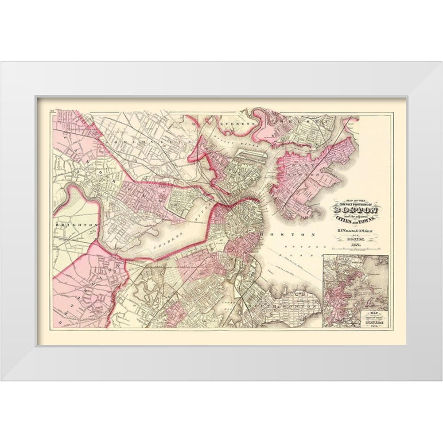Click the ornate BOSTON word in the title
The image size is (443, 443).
point(354,210)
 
